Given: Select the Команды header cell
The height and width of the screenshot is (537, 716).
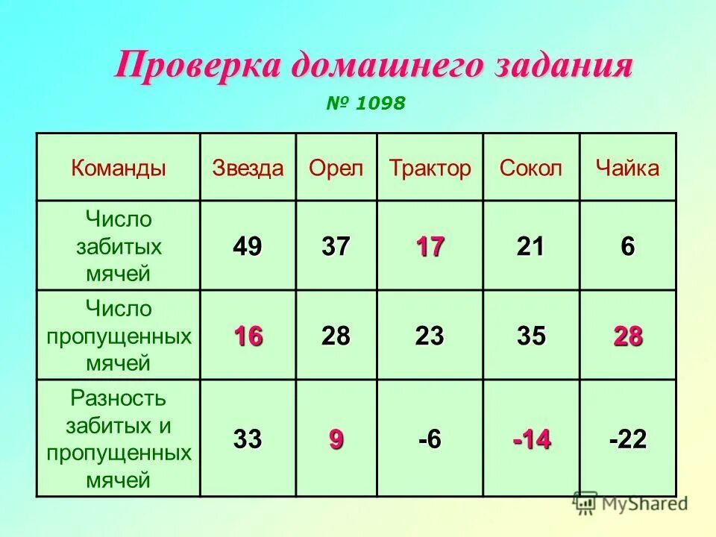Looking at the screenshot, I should (x=119, y=168).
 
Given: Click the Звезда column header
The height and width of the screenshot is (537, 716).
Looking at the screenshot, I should (x=248, y=168).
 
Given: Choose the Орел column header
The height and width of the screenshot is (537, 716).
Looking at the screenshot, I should (x=336, y=168).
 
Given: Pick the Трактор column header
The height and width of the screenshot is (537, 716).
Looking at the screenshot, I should (x=430, y=168).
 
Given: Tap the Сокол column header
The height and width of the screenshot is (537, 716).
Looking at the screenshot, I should (x=531, y=168).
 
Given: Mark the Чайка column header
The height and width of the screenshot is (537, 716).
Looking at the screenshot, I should (x=627, y=168).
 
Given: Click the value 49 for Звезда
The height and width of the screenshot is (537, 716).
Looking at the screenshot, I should (x=248, y=246).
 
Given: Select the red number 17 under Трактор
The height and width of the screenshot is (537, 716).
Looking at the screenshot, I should (x=430, y=246).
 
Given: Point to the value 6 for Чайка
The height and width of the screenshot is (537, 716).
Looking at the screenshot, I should (x=627, y=246).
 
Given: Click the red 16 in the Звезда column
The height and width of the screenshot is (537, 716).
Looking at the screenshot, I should (x=248, y=336).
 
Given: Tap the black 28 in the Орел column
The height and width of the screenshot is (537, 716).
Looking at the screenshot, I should (x=336, y=336).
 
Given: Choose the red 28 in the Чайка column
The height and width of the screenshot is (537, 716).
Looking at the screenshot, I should (x=627, y=336).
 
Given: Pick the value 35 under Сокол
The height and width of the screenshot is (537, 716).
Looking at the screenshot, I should (x=531, y=336).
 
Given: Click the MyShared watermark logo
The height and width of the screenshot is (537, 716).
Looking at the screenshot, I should (x=630, y=503).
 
